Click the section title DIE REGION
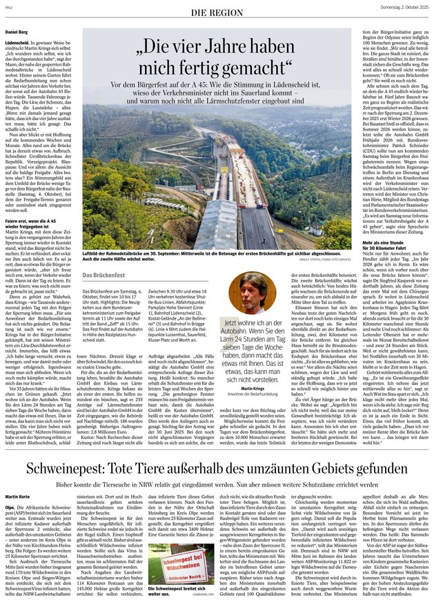pos(217,13)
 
